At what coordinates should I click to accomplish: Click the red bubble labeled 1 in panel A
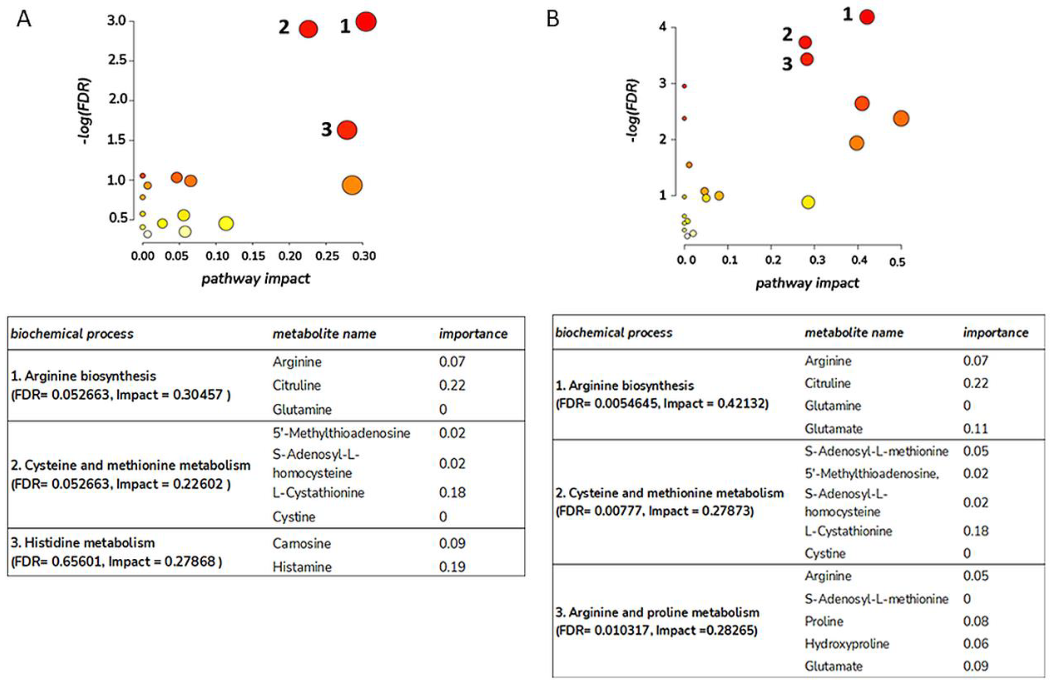(x=366, y=21)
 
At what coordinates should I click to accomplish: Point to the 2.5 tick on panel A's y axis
(x=117, y=60)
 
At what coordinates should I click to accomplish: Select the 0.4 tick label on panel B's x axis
(x=859, y=260)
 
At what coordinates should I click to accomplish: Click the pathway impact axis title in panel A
(x=256, y=279)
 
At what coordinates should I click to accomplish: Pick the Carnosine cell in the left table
(x=301, y=543)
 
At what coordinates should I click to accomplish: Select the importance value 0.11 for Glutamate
(x=975, y=428)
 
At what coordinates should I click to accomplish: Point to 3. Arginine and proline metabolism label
(x=657, y=613)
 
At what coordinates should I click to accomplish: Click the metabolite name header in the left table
(x=324, y=334)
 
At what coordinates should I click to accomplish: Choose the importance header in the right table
(x=996, y=333)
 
